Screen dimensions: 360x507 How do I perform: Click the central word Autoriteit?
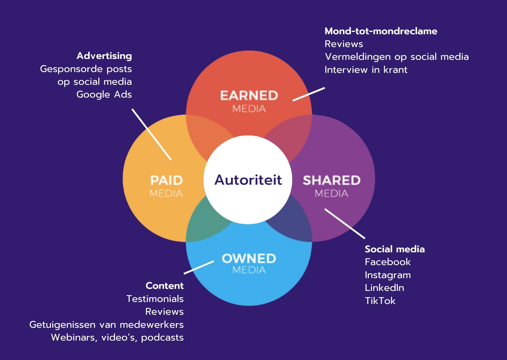pyautogui.click(x=248, y=180)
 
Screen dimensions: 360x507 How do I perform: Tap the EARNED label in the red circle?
pyautogui.click(x=249, y=96)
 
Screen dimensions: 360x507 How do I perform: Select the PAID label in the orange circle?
pyautogui.click(x=166, y=180)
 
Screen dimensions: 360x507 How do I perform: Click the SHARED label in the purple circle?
pyautogui.click(x=332, y=180)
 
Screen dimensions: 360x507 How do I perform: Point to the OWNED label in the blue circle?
pyautogui.click(x=249, y=258)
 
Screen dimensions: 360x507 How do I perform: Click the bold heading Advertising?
pyautogui.click(x=104, y=56)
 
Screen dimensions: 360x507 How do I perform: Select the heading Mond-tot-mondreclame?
pyautogui.click(x=381, y=31)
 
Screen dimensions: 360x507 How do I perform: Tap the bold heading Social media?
pyautogui.click(x=394, y=249)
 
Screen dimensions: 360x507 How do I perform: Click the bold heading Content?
pyautogui.click(x=164, y=286)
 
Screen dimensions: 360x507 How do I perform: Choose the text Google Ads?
pyautogui.click(x=104, y=94)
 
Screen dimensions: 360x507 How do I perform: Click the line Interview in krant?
pyautogui.click(x=366, y=70)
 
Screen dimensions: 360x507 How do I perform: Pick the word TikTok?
pyautogui.click(x=380, y=300)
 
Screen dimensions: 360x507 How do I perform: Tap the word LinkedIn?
pyautogui.click(x=384, y=288)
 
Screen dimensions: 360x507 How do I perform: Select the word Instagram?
pyautogui.click(x=388, y=275)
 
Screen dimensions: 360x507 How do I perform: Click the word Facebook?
pyautogui.click(x=388, y=262)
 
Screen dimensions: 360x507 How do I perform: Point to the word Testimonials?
pyautogui.click(x=155, y=299)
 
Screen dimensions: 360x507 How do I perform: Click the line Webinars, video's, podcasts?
pyautogui.click(x=117, y=337)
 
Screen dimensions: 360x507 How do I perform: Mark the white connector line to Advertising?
pyautogui.click(x=151, y=134)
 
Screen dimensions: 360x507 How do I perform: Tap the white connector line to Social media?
pyautogui.click(x=345, y=224)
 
